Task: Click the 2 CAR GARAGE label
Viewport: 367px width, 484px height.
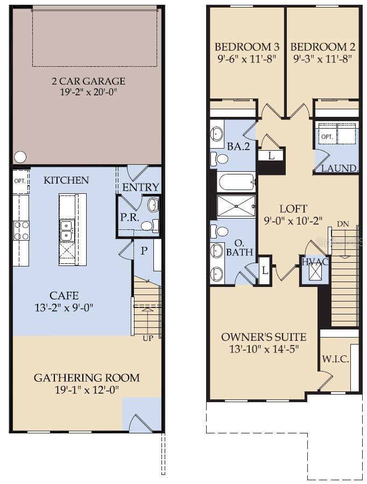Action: click(88, 81)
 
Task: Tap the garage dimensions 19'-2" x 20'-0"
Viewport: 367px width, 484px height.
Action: click(88, 92)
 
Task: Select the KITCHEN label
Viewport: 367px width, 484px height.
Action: click(66, 180)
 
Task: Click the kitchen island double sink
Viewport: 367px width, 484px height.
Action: click(68, 229)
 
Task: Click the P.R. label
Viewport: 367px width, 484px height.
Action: click(130, 218)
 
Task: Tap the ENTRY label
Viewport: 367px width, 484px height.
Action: click(141, 187)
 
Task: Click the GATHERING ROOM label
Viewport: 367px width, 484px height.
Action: click(87, 378)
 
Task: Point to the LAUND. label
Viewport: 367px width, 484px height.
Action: click(340, 169)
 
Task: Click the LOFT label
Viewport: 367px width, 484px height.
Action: click(293, 209)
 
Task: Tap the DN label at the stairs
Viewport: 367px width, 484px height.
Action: click(343, 223)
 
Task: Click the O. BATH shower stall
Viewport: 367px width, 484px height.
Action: click(236, 207)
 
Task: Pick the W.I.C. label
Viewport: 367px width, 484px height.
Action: click(335, 360)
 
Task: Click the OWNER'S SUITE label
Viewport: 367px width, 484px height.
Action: click(264, 338)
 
